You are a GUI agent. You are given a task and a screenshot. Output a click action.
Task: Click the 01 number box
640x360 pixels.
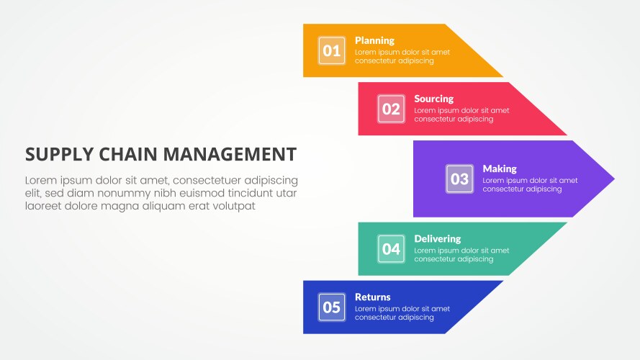point(331,50)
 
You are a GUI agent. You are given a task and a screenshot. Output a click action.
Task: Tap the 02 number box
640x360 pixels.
point(391,109)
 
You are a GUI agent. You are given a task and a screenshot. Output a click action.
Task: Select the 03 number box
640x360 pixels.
point(459,179)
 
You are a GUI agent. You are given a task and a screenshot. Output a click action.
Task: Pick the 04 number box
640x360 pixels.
point(391,249)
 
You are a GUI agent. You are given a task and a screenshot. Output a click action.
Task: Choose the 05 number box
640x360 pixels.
point(331,307)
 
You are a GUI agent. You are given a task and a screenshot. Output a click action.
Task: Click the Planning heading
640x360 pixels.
point(374,41)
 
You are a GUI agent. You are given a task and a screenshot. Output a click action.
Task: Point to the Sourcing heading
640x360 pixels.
point(434,99)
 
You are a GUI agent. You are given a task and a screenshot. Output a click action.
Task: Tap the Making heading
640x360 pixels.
point(500,168)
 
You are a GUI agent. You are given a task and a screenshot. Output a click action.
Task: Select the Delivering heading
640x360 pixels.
point(438,239)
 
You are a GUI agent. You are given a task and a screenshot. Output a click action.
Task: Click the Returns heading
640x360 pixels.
point(373,297)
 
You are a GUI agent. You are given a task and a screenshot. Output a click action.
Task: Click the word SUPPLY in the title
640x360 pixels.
point(60,154)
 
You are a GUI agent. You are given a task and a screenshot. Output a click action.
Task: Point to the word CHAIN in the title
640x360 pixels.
point(128,154)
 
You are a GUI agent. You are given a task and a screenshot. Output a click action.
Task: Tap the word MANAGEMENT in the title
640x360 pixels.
point(230,154)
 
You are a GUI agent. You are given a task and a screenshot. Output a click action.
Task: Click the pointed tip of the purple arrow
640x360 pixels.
point(614,179)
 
